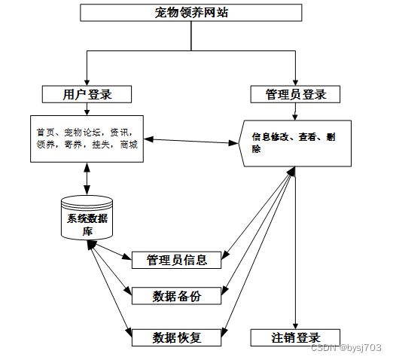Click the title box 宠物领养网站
pos(191,13)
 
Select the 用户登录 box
pos(87,94)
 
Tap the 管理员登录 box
pos(295,94)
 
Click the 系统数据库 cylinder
pos(87,218)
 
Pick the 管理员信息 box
pos(176,260)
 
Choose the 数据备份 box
pos(176,296)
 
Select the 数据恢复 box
pos(176,337)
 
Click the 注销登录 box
pos(295,337)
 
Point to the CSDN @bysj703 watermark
pos(346,348)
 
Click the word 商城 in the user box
pos(129,145)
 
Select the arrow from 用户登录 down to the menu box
pos(87,109)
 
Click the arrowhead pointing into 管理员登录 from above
pos(295,83)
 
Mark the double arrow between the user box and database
pos(87,178)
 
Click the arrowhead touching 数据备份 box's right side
pos(224,291)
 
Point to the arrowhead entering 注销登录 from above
pos(295,326)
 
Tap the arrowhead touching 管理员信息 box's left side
pos(127,257)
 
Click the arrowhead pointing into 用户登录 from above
pos(87,83)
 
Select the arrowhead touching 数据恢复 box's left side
pos(129,333)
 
